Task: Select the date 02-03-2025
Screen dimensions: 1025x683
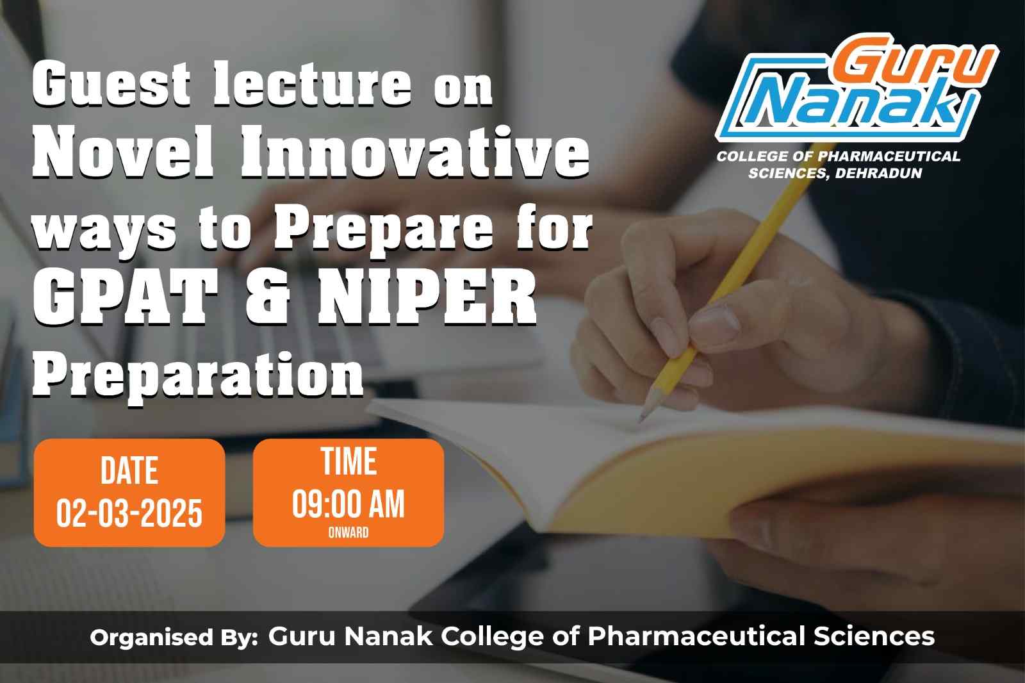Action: click(129, 513)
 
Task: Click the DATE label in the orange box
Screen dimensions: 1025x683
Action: click(129, 470)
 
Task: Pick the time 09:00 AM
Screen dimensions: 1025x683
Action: click(348, 504)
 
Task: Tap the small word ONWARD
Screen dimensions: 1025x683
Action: click(348, 532)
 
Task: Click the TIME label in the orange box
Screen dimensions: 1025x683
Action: click(348, 461)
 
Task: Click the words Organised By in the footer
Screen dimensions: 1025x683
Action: click(174, 638)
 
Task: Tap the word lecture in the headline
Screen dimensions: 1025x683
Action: click(313, 84)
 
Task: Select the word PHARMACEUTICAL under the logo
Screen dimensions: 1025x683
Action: click(889, 156)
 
